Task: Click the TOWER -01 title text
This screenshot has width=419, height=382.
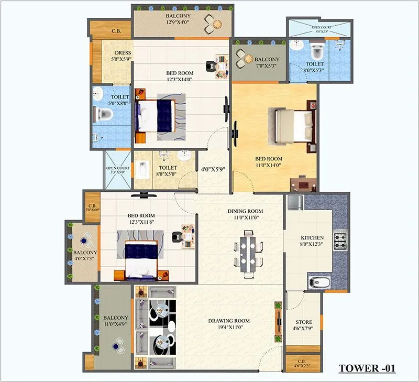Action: coord(367,368)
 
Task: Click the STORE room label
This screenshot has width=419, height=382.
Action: coord(303,325)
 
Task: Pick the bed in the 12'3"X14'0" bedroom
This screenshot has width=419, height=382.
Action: coord(156,116)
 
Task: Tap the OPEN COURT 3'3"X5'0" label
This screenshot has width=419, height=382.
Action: coord(118,170)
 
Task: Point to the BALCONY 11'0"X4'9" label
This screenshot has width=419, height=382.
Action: coord(115,321)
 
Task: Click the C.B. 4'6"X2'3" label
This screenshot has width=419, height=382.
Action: coord(303,363)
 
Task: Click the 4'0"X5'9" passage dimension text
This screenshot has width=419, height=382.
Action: coord(212,169)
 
